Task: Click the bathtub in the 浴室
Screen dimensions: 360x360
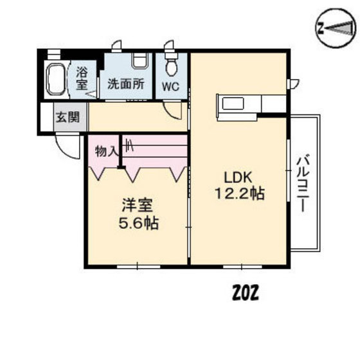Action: pos(56,79)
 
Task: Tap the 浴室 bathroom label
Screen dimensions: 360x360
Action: pos(82,78)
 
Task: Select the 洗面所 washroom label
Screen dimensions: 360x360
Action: pos(126,84)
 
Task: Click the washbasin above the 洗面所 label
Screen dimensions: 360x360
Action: pos(139,60)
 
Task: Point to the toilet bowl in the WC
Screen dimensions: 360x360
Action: pos(172,67)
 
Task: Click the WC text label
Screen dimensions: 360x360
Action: pos(171,87)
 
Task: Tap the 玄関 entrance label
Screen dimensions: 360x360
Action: pos(67,117)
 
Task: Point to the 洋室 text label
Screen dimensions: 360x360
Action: pos(138,205)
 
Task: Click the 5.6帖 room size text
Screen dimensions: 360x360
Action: pos(139,223)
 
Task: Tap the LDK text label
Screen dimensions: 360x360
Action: pos(238,177)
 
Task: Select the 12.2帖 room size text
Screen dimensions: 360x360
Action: pos(240,194)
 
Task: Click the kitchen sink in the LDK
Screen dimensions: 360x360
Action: pos(233,104)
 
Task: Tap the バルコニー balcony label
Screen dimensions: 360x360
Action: pos(303,183)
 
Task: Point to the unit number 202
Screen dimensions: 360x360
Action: pos(246,292)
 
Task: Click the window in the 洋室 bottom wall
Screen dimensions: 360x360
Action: pos(138,267)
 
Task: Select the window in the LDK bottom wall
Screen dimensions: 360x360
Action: pos(242,267)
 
